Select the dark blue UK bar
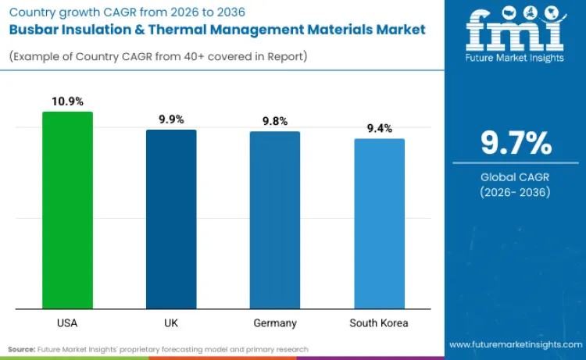(x=171, y=219)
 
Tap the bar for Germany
(x=275, y=219)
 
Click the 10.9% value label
(x=67, y=102)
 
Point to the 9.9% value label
(x=171, y=119)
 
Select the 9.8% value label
(x=275, y=121)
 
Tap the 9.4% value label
(x=379, y=128)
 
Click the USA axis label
(x=67, y=323)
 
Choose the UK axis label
(x=171, y=323)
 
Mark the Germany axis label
(x=275, y=323)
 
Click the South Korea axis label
(x=379, y=323)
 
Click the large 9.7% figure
(x=516, y=144)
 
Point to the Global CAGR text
(x=516, y=177)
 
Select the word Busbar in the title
(x=38, y=29)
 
